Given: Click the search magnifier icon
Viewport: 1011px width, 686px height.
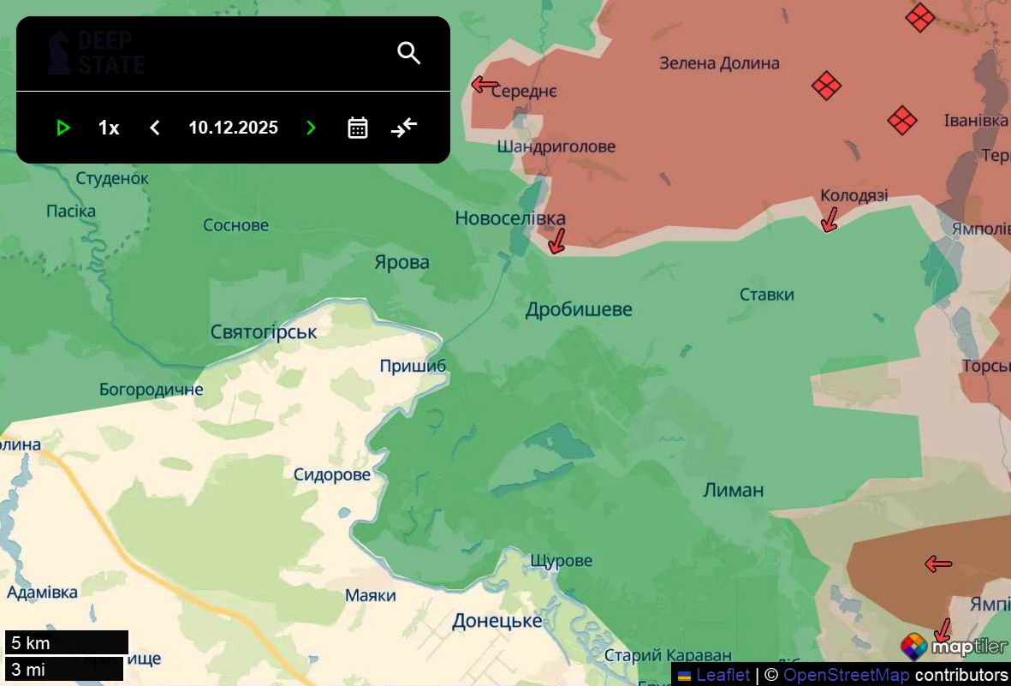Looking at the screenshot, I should pos(409,53).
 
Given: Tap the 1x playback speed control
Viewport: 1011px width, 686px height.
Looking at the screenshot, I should pos(109,128).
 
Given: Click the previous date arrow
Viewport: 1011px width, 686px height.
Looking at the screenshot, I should pos(155,128).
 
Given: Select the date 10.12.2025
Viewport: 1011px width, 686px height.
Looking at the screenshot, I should pos(233,128).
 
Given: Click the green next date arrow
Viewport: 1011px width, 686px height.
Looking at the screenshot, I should pos(311,128).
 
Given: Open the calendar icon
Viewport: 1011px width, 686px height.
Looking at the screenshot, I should pos(358,128).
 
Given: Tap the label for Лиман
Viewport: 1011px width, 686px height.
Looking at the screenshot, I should pos(733,490).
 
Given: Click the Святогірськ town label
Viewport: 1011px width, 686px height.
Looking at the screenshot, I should pos(264,331).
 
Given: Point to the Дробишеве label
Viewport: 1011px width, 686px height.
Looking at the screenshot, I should pos(579,309).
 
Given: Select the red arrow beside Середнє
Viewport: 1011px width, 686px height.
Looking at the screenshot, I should pos(485,84).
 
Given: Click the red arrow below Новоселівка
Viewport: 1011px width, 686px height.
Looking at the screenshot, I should pos(557,241).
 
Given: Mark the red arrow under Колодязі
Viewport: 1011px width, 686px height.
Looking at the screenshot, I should pos(828,220).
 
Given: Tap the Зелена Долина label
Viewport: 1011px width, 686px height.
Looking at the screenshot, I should pos(719,63).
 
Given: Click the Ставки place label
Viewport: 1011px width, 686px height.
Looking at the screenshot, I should pos(766,295).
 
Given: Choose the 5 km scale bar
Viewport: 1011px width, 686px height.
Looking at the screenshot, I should pos(67,642).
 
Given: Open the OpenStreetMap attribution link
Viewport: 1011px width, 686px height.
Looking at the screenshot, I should pos(846,675).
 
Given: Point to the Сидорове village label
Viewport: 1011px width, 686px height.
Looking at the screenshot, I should pos(332,474).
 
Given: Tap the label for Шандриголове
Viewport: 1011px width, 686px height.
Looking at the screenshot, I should pos(556,146).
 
